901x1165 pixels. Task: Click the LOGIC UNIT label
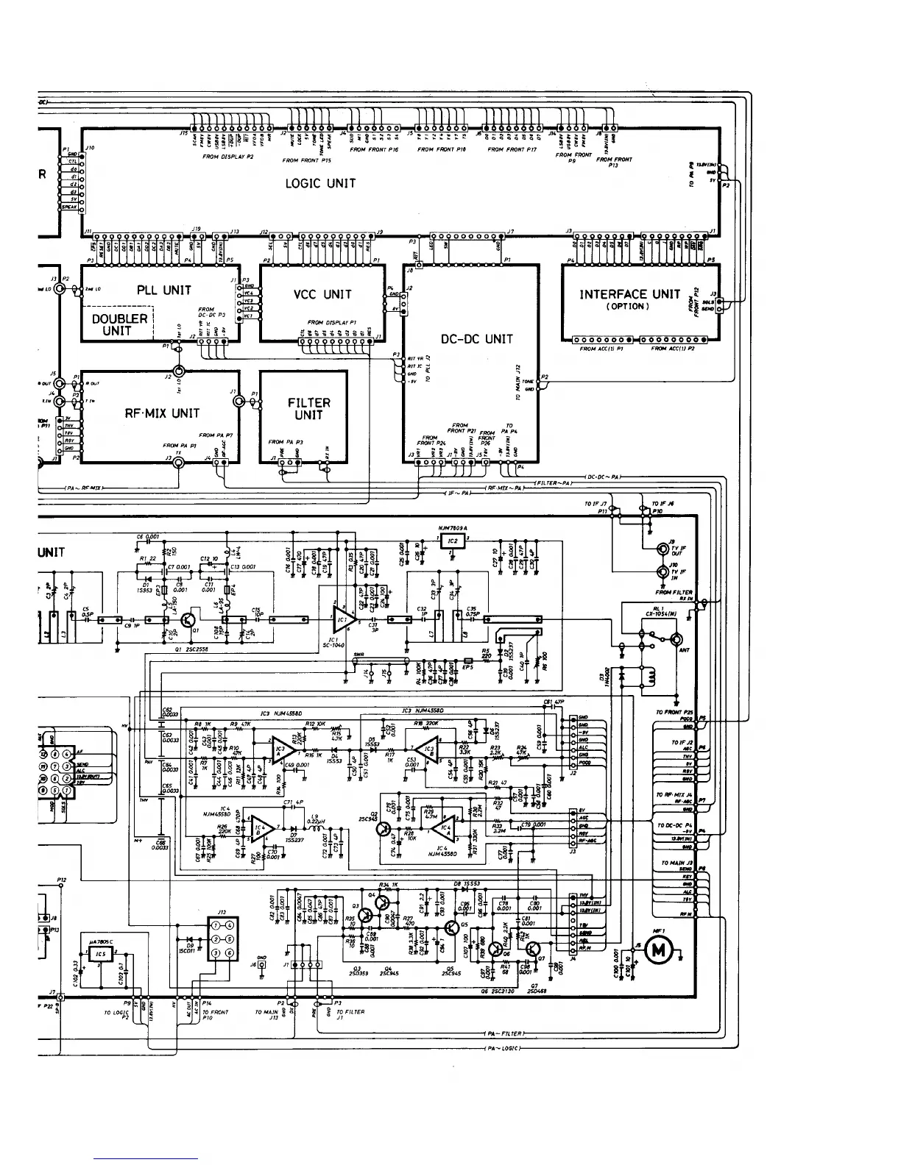tap(320, 183)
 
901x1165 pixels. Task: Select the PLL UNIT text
tap(164, 290)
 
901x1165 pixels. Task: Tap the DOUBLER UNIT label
tap(120, 324)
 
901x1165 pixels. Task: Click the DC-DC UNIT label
tap(476, 339)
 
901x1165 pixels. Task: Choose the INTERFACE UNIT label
tap(629, 294)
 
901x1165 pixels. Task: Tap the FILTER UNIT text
tap(308, 409)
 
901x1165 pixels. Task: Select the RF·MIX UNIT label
tap(161, 413)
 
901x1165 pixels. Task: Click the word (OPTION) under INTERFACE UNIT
tap(628, 307)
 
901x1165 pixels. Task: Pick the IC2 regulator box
tap(453, 541)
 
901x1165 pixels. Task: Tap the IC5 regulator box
tap(100, 954)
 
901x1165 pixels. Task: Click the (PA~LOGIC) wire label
tap(502, 1048)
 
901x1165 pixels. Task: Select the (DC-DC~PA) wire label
tap(603, 477)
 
